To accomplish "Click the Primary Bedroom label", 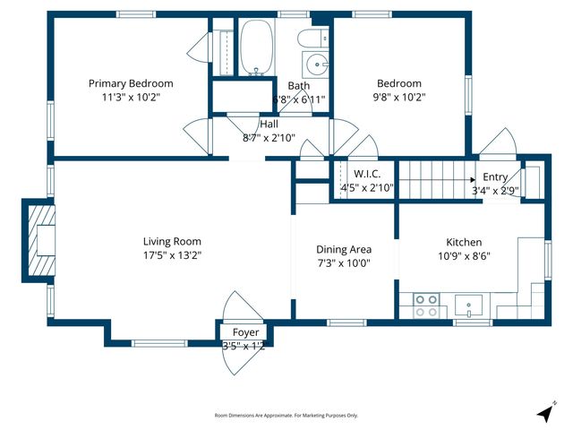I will click(131, 83).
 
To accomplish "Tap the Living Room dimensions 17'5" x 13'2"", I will click(172, 255).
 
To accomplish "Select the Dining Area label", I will click(344, 249).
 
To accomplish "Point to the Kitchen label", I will click(464, 242).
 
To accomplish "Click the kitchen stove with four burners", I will click(424, 305).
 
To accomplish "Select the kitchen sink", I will click(468, 305).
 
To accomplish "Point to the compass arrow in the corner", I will click(545, 412).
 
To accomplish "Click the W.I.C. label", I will click(368, 174).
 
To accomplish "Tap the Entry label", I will click(495, 176).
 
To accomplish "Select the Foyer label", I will click(244, 332).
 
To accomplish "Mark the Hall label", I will click(269, 125).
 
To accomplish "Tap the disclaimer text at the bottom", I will click(286, 416).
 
